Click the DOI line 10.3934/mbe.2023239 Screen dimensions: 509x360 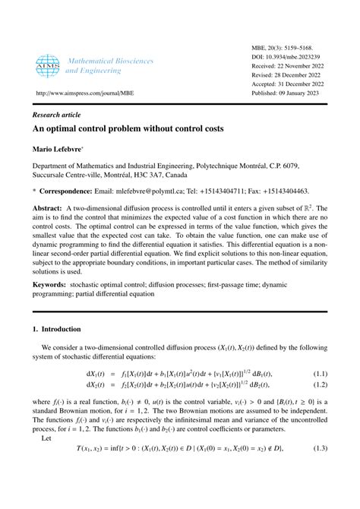[289, 57]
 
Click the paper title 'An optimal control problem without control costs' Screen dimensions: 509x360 [128, 129]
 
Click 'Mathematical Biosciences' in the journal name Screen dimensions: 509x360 [110, 60]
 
